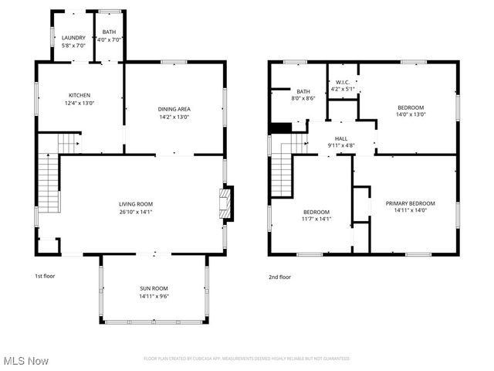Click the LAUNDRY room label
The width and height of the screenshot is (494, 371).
click(74, 38)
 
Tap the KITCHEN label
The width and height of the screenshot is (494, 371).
click(79, 94)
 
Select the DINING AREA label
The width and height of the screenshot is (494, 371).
click(174, 109)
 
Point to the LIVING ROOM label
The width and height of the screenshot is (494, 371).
click(136, 204)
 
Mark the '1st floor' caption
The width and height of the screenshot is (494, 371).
click(45, 276)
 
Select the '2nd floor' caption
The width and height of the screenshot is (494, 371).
click(279, 276)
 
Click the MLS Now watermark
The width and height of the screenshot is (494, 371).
click(26, 360)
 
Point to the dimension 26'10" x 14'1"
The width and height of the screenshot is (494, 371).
click(136, 212)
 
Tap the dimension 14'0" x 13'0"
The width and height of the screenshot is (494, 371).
click(411, 114)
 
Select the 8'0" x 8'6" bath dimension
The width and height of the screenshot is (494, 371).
click(303, 98)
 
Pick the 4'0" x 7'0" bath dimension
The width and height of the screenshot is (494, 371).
click(110, 39)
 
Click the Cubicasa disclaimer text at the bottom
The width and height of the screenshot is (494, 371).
click(247, 359)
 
